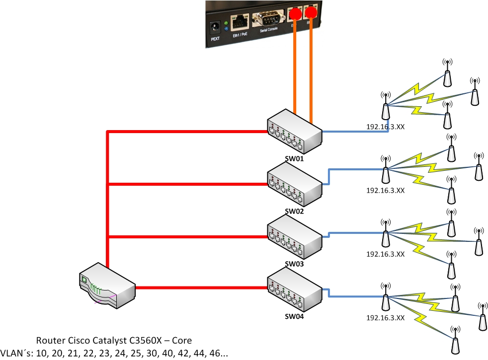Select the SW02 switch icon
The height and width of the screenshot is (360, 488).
pyautogui.click(x=294, y=187)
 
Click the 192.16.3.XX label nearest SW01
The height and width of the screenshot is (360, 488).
pyautogui.click(x=386, y=127)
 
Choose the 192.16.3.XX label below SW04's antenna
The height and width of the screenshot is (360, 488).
pyautogui.click(x=386, y=318)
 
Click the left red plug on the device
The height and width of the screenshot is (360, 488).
pyautogui.click(x=295, y=13)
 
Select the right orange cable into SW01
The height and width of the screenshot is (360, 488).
pyautogui.click(x=312, y=74)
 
